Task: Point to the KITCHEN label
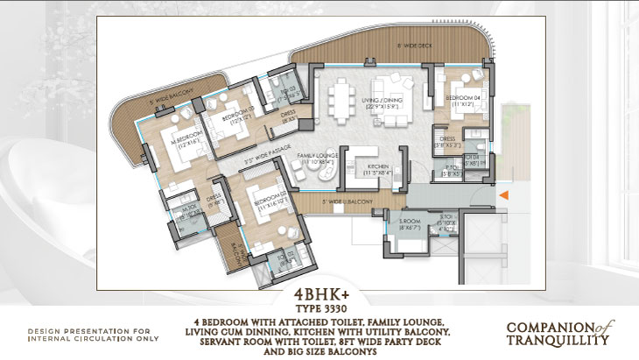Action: coord(378,166)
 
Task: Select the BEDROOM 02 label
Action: coord(266,196)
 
